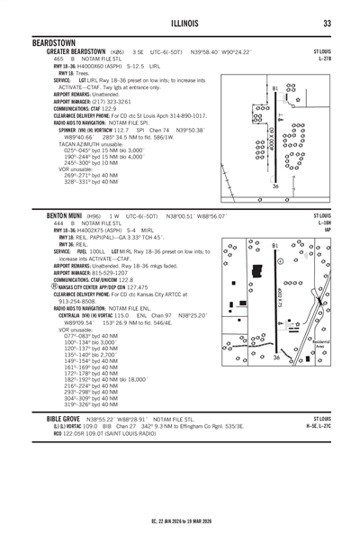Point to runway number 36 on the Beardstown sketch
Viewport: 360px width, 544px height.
(274, 186)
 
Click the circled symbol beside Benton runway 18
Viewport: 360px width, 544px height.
(282, 261)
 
